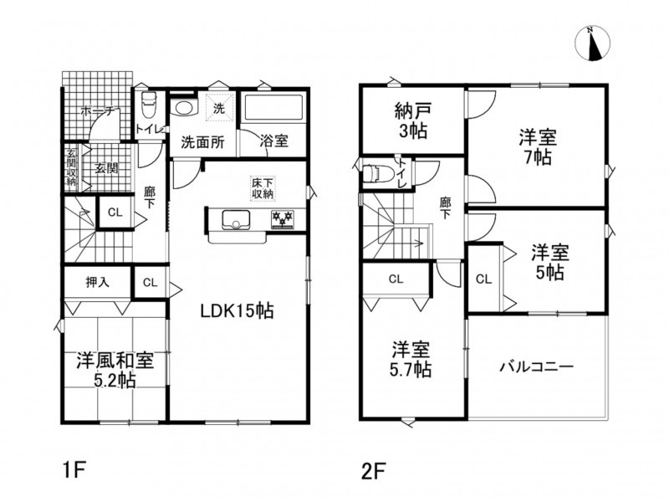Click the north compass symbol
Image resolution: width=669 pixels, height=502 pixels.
592,44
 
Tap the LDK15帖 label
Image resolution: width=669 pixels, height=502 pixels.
237,311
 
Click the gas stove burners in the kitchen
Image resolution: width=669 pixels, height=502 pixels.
283,219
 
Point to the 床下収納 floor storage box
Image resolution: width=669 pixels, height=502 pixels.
263,189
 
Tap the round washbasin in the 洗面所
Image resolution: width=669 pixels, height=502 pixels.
182,107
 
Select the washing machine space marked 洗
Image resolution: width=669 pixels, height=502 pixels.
219,107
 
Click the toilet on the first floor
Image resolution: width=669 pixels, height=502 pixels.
149,105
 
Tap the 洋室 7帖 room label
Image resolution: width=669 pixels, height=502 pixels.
537,147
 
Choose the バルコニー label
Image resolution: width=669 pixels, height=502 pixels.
537,366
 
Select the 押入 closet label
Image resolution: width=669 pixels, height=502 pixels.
98,282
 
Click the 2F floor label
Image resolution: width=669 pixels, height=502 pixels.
373,472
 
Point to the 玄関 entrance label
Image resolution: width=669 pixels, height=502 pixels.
106,168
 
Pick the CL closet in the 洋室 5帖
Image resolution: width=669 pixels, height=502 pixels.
484,279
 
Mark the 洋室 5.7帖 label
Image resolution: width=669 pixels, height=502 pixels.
411,360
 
